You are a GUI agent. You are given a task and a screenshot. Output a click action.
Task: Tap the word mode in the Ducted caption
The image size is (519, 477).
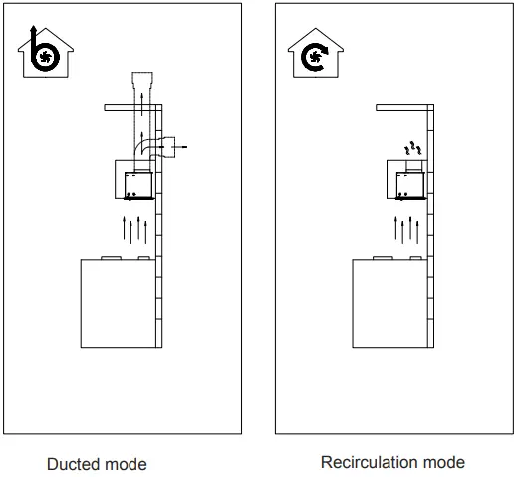coord(124,464)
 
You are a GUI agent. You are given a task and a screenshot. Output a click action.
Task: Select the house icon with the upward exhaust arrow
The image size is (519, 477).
coord(46,52)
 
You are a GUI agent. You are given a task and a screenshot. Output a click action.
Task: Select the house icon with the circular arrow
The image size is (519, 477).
coord(316,53)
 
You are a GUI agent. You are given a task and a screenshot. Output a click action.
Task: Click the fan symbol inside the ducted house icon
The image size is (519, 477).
coord(45,57)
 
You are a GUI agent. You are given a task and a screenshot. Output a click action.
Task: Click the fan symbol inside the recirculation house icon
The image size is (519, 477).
coord(314,57)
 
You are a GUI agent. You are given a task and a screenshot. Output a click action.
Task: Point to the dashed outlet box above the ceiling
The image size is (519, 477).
coord(142,80)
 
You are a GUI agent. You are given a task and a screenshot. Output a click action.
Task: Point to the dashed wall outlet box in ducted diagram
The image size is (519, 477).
coord(168,147)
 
